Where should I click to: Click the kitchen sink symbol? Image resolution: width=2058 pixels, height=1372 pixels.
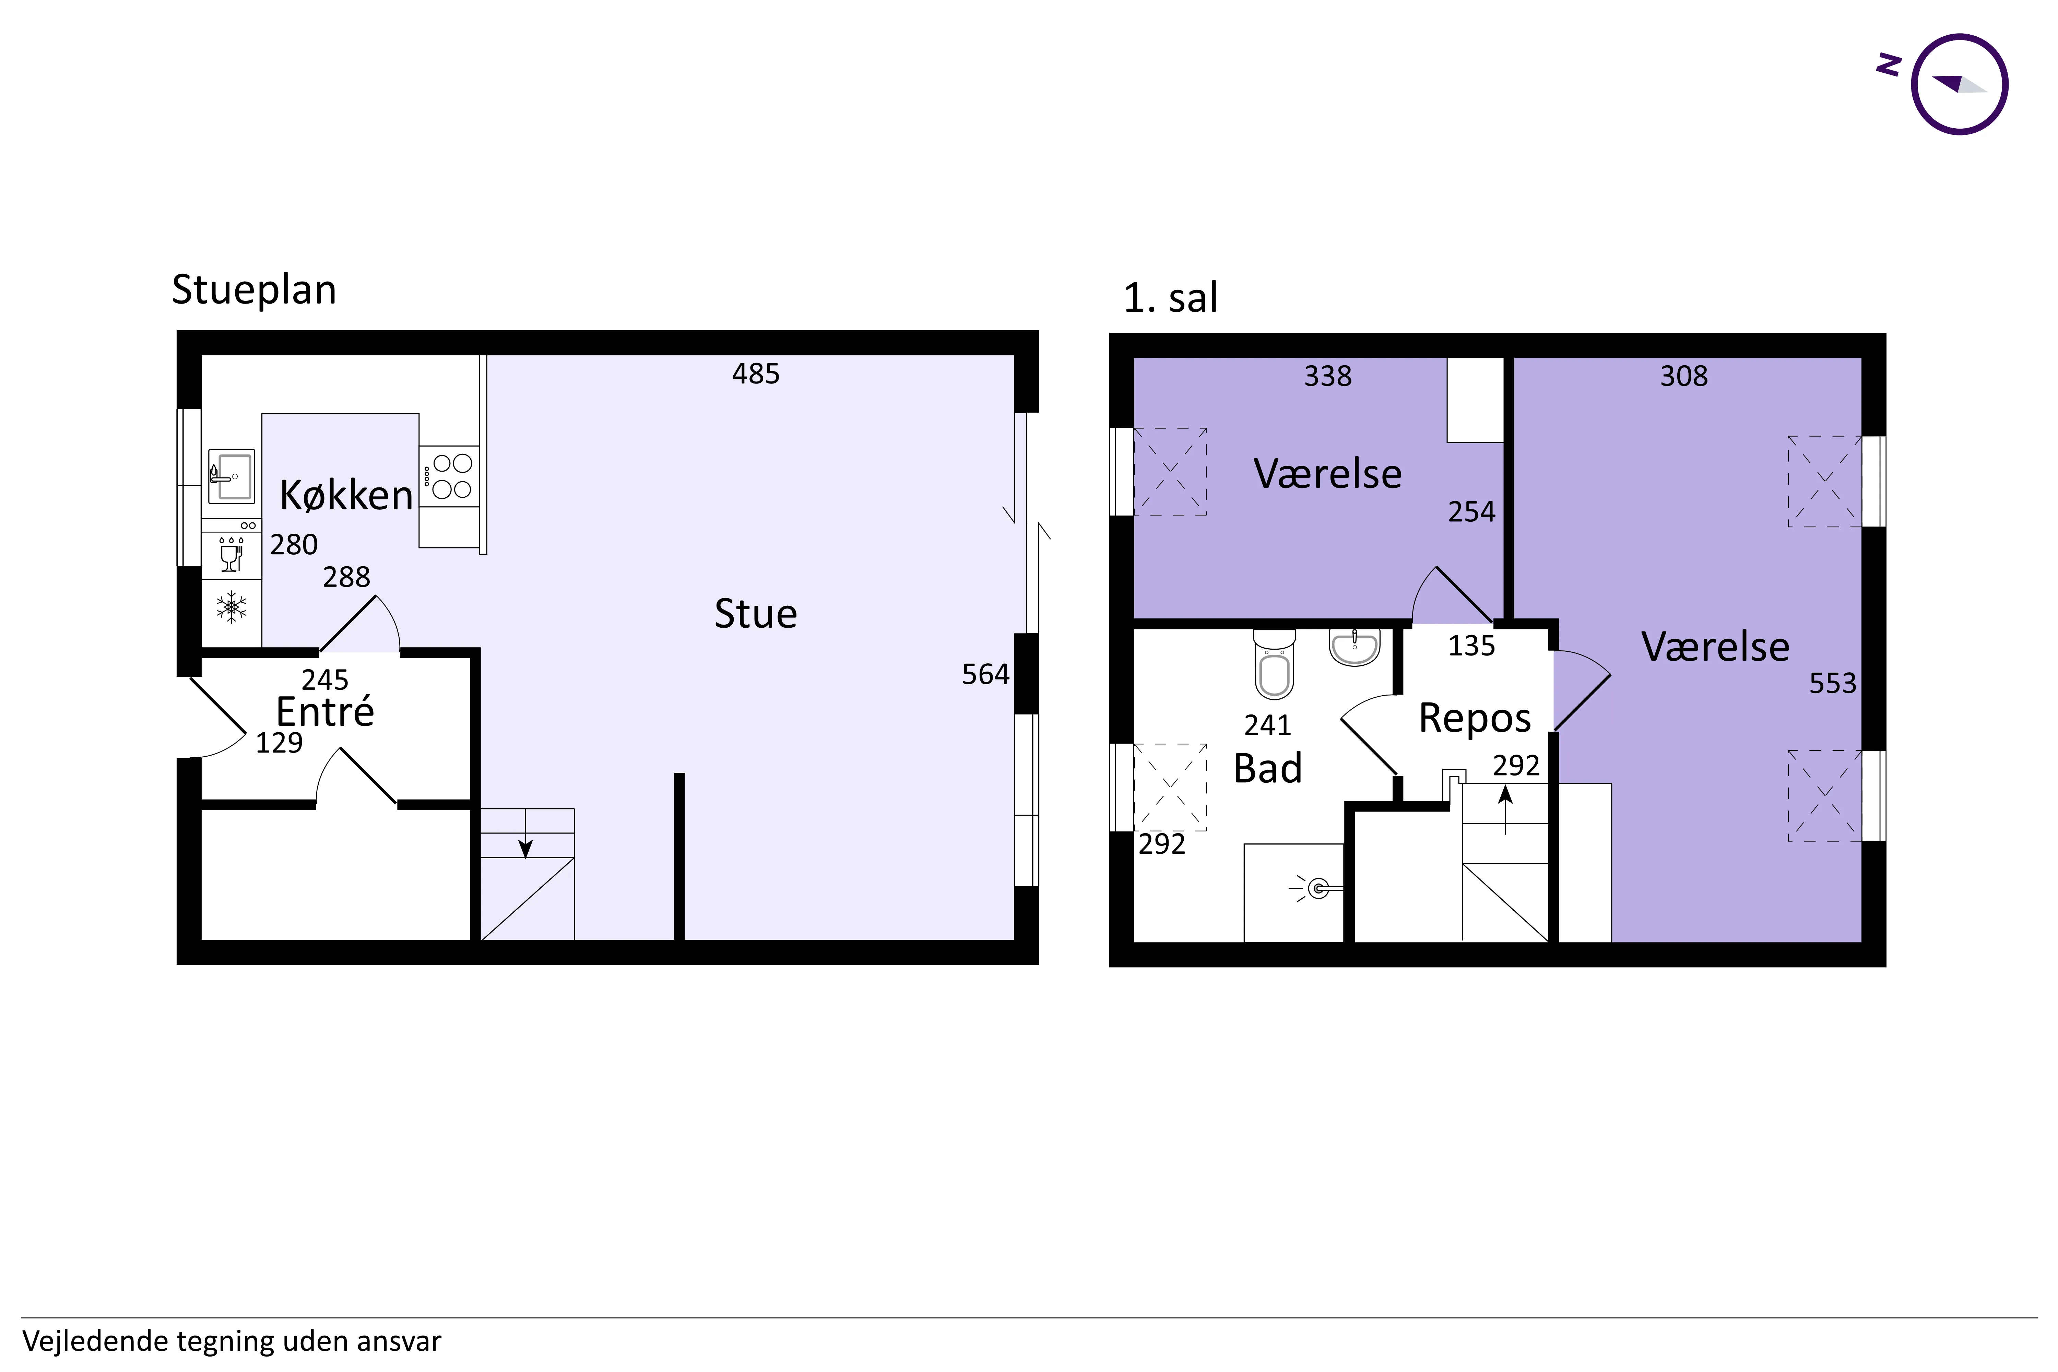[232, 476]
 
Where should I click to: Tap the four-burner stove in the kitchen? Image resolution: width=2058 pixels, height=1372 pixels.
[449, 476]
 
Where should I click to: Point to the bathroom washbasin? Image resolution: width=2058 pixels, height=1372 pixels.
[1355, 647]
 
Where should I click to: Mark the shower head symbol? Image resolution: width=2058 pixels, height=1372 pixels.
[1317, 889]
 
